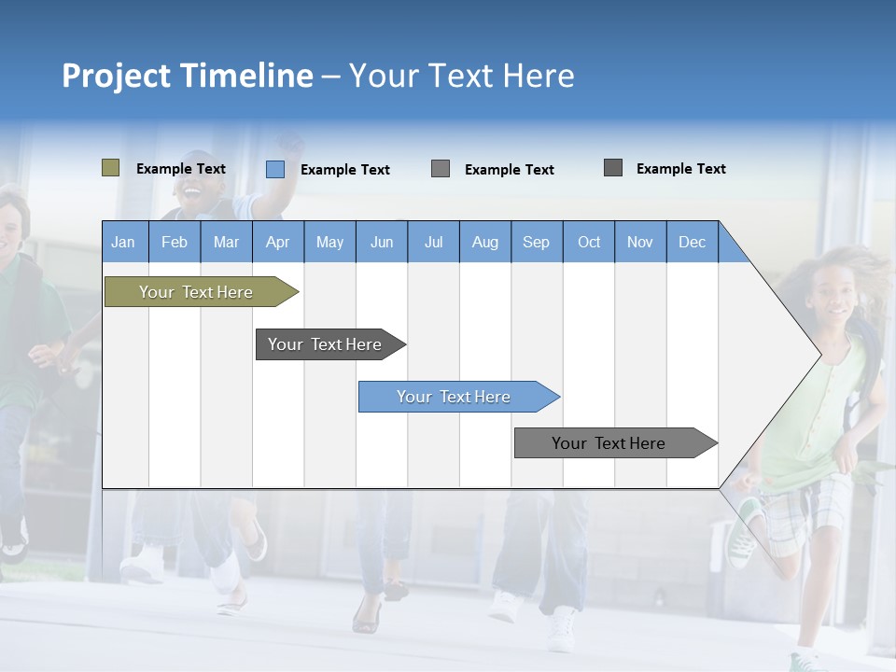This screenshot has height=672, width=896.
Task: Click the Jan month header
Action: pos(124,242)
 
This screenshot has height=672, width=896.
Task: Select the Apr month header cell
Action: pos(278,242)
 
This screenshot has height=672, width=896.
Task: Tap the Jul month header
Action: pos(433,242)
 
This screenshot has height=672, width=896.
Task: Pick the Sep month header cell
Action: pos(537,242)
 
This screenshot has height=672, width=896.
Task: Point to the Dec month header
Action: pos(692,242)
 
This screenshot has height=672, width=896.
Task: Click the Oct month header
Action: pos(589,242)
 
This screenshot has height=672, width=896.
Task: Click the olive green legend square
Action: pos(110,168)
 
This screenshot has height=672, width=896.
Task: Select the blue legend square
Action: pos(275,169)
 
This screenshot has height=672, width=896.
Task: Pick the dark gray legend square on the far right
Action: pos(613,168)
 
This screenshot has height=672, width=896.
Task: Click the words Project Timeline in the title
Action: pos(187,76)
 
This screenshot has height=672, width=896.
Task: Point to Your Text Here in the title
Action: pos(461,76)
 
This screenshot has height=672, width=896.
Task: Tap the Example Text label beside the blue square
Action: pos(344,170)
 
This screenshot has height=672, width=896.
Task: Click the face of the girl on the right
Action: pos(837,298)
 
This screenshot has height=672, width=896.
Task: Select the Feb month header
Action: pos(175,242)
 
